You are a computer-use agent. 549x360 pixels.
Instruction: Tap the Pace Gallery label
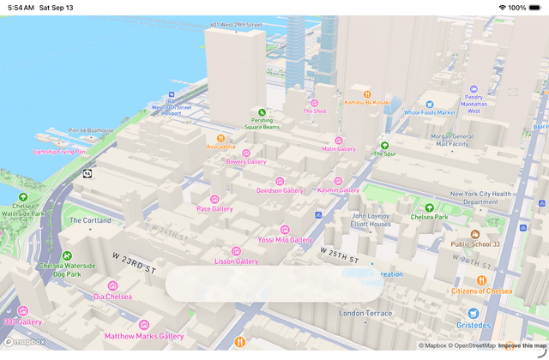[214, 208]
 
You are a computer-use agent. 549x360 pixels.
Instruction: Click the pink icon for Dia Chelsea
[112, 285]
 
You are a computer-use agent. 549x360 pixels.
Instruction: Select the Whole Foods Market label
[429, 112]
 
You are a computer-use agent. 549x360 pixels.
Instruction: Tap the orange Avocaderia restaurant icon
[220, 137]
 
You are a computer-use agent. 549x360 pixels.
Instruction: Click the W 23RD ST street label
[135, 263]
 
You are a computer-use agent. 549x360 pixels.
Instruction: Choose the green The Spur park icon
[384, 146]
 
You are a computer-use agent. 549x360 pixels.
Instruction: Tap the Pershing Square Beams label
[262, 123]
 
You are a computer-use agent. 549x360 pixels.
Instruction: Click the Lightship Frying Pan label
[59, 152]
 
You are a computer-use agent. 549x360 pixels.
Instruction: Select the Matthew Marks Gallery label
[144, 336]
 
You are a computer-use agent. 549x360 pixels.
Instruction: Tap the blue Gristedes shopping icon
[473, 314]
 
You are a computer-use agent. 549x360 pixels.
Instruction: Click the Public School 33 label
[475, 243]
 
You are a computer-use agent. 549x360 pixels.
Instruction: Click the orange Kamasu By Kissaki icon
[367, 93]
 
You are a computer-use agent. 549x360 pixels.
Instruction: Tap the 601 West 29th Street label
[236, 25]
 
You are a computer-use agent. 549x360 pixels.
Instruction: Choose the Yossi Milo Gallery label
[285, 240]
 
